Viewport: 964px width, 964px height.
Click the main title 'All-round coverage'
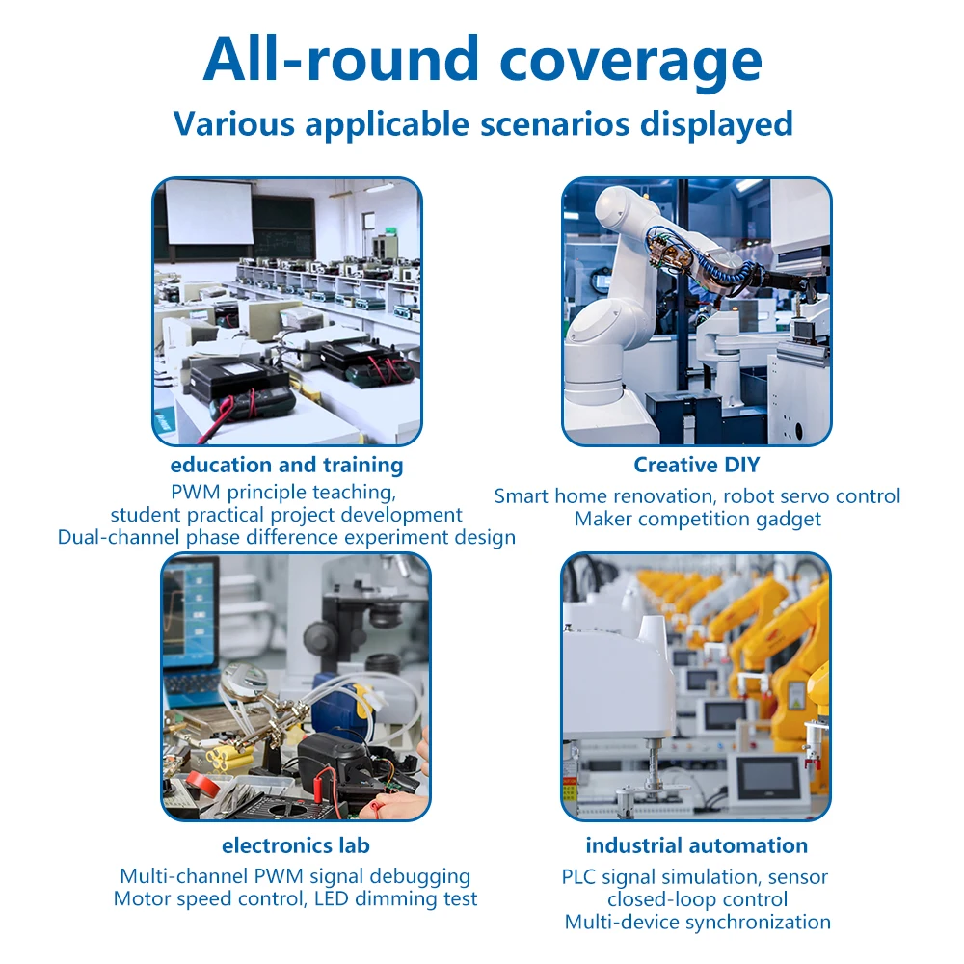point(483,60)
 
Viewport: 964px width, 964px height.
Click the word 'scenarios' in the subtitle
point(554,123)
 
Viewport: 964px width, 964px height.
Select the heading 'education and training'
point(286,465)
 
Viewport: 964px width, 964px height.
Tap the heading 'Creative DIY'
point(697,465)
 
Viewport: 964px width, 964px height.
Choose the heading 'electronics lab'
point(296,845)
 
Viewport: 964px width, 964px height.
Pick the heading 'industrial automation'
point(697,845)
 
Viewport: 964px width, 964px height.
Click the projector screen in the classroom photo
point(209,212)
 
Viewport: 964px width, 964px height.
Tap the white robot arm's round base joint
point(592,331)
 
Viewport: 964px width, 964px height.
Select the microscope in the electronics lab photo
point(354,621)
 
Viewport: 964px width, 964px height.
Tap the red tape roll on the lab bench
point(203,782)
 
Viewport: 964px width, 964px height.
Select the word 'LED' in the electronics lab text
point(332,898)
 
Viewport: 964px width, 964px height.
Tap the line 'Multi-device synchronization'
point(697,923)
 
